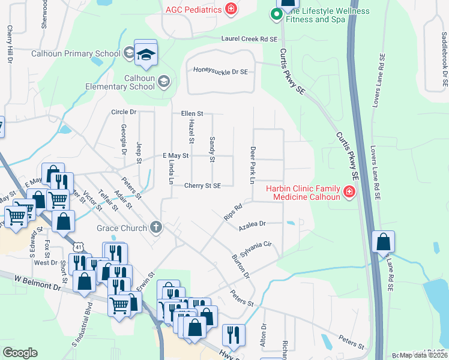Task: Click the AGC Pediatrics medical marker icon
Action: [x=230, y=9]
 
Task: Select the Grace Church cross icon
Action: [x=156, y=227]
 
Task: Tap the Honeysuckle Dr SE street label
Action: [x=221, y=70]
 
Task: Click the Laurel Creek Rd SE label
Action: [x=249, y=39]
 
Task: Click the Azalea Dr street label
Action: [x=252, y=224]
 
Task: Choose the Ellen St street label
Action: [x=193, y=113]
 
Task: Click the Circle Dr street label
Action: [x=124, y=112]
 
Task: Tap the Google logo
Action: [x=20, y=353]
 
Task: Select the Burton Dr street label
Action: [x=241, y=267]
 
